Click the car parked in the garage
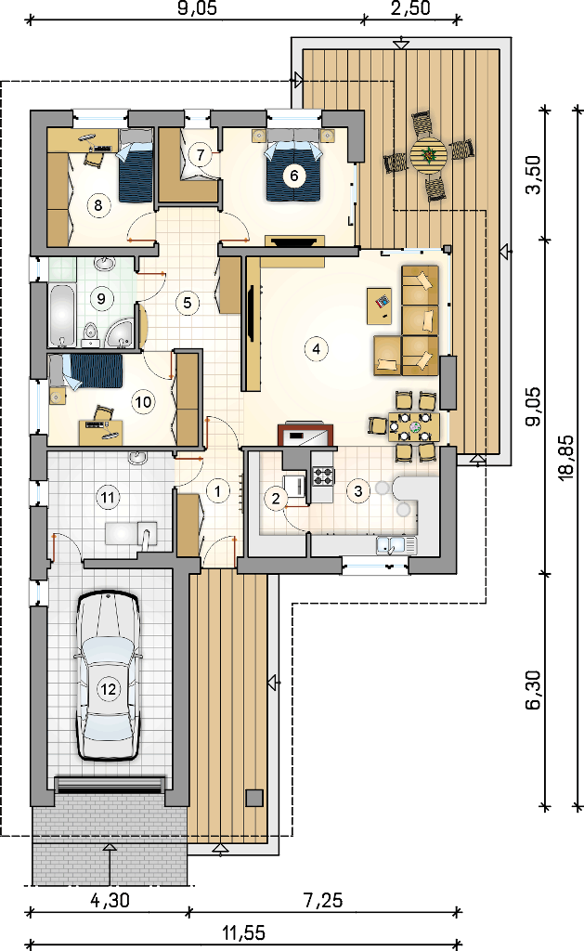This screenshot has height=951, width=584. pyautogui.click(x=109, y=676)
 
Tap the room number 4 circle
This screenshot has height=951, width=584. pyautogui.click(x=316, y=349)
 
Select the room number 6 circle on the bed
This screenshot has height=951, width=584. pyautogui.click(x=294, y=176)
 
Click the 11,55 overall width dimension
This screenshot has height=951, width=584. pyautogui.click(x=242, y=931)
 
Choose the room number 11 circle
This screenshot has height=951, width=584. pyautogui.click(x=108, y=498)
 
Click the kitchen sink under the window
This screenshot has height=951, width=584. pyautogui.click(x=396, y=544)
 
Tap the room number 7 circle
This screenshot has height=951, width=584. pyautogui.click(x=201, y=154)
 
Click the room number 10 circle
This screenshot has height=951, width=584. pyautogui.click(x=143, y=401)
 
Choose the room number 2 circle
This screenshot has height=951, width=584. pyautogui.click(x=277, y=499)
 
